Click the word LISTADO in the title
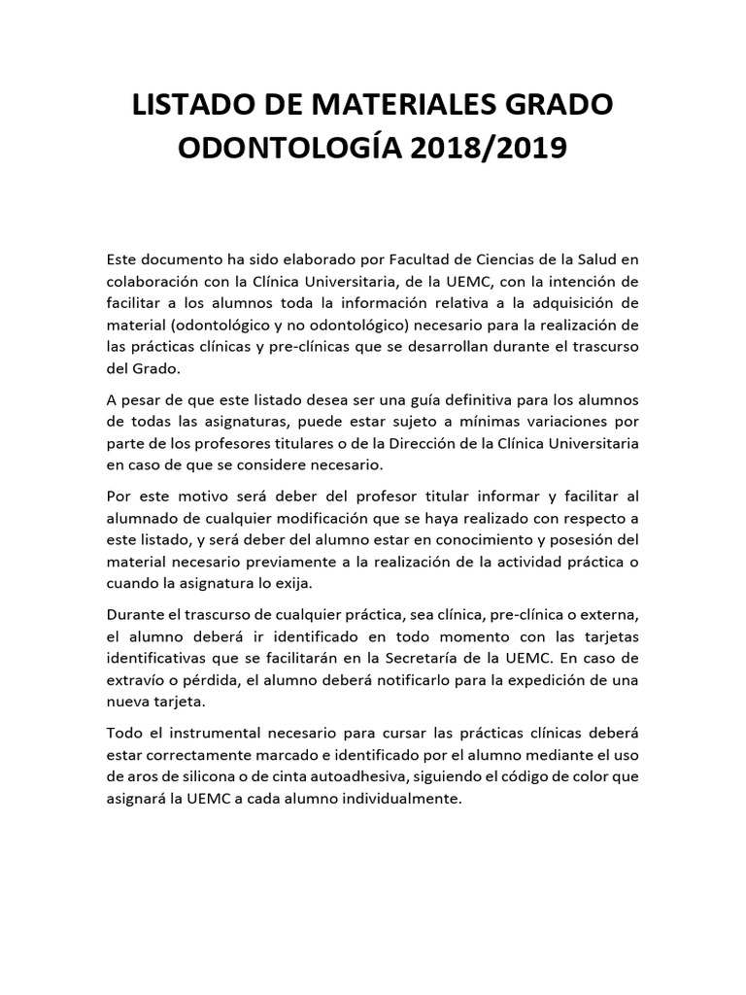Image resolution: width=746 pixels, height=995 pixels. pos(191,105)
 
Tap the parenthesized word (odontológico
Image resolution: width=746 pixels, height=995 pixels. pos(227,325)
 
